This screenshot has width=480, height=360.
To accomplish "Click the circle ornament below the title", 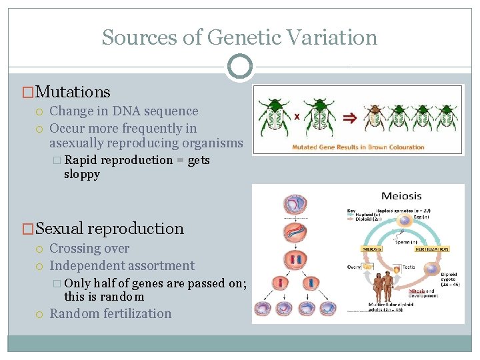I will pos(240,67).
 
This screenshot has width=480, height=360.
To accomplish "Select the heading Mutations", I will pos(73,92).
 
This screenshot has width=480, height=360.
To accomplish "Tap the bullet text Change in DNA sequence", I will pos(124,111).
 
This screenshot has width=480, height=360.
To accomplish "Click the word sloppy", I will pos(82,175).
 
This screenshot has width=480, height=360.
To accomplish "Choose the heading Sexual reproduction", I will pos(109,229).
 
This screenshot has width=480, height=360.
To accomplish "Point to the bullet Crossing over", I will pos(89,249).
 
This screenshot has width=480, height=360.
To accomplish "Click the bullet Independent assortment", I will pos(122,265).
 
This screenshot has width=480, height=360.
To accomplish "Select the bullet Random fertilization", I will pos(111,313).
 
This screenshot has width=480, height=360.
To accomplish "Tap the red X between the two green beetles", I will pos(297,116).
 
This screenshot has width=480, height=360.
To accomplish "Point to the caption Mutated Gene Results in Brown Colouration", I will pos(358,147).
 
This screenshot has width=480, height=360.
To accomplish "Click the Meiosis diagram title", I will pos(401,196).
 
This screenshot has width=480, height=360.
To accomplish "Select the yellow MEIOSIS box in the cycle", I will pos(353,248).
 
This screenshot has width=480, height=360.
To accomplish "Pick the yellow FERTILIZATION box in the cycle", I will pos(431,248).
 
